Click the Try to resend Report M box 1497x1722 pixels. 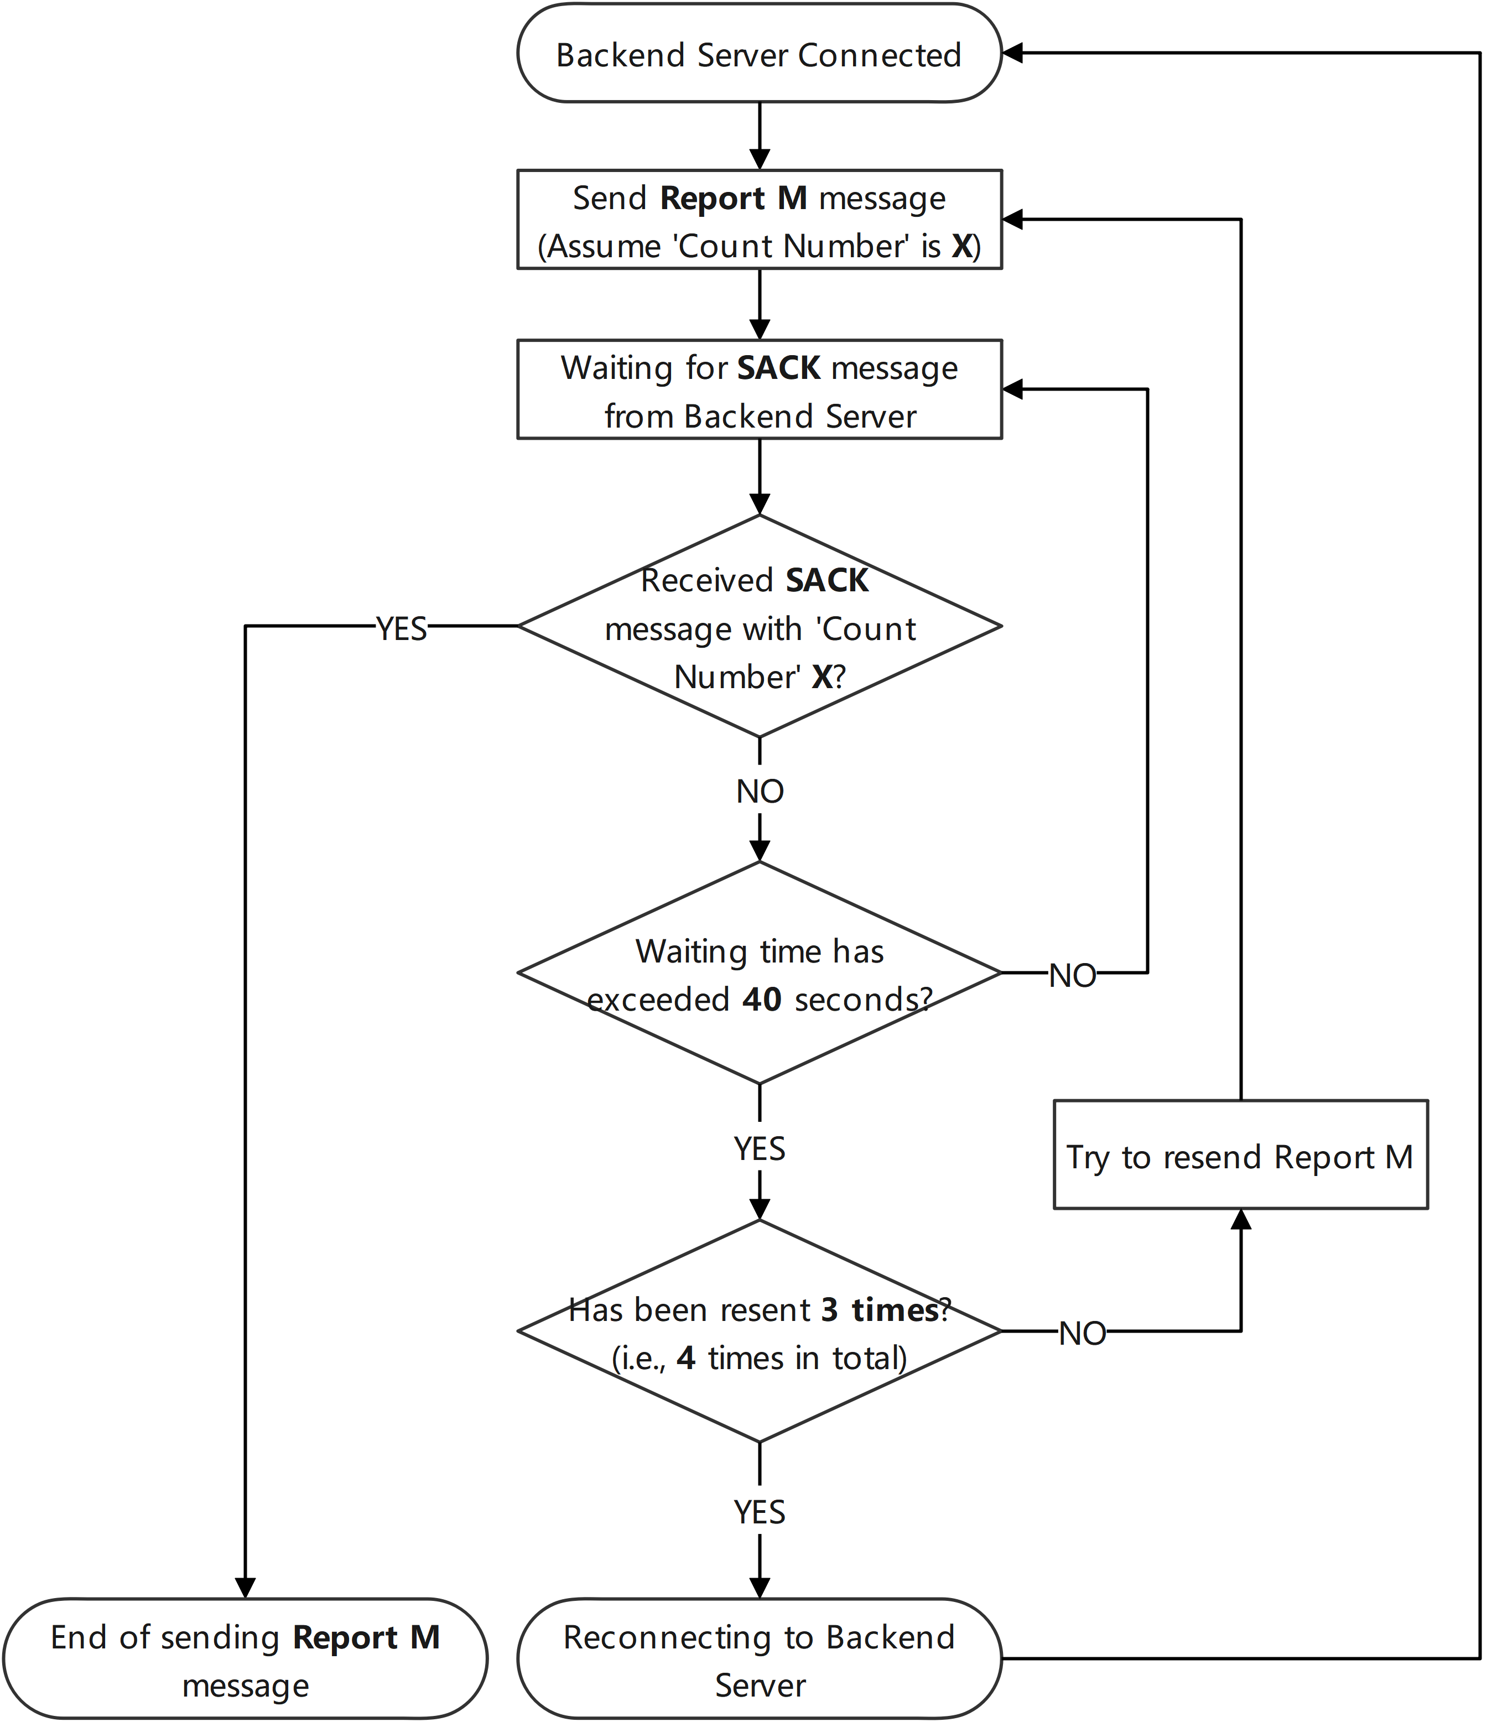pos(1240,1155)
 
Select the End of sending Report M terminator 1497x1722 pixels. pos(245,1659)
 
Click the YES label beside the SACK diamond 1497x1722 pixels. pos(401,627)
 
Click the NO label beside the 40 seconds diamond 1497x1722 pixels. pos(1072,974)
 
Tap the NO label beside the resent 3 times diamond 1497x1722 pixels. pos(1082,1332)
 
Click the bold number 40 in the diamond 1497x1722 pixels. pos(761,999)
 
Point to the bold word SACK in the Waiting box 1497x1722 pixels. pos(778,367)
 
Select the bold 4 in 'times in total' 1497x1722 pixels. pos(686,1358)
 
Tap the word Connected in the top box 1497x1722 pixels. pos(879,55)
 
